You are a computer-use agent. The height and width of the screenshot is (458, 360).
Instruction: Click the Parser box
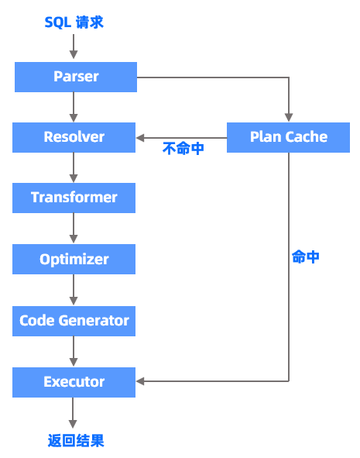(x=76, y=77)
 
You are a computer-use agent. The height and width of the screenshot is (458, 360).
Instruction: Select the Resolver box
(x=74, y=137)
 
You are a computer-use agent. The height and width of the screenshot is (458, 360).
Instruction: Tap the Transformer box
(x=74, y=198)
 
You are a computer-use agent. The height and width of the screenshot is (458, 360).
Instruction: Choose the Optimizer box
(x=74, y=259)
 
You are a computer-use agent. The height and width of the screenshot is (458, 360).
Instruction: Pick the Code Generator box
(x=74, y=321)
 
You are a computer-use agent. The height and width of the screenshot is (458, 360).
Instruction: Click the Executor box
(x=74, y=382)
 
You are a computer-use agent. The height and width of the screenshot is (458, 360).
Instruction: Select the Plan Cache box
(x=288, y=137)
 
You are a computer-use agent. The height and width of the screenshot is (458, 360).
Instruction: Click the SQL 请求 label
(x=74, y=22)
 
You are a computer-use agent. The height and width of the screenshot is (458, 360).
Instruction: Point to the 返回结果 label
(x=76, y=440)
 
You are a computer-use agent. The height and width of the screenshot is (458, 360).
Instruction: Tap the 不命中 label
(x=183, y=148)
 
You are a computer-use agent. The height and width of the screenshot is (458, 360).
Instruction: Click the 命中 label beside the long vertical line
(x=306, y=257)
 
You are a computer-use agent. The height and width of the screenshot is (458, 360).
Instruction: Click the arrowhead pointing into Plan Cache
(x=289, y=118)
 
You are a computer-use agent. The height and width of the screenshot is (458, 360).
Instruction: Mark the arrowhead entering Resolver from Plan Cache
(x=140, y=138)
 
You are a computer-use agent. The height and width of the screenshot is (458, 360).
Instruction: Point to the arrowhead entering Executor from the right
(x=140, y=381)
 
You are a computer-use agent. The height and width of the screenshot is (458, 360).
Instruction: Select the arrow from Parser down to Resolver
(x=74, y=107)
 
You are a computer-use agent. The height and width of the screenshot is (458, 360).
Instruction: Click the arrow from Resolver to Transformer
(x=74, y=167)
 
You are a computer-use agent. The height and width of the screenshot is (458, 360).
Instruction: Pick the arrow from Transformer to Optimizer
(x=74, y=229)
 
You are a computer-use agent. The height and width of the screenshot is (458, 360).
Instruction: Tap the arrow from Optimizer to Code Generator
(x=74, y=290)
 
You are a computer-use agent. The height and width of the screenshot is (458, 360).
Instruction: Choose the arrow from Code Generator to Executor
(x=74, y=352)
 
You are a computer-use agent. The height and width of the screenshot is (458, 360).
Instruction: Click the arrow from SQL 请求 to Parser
(x=74, y=46)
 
